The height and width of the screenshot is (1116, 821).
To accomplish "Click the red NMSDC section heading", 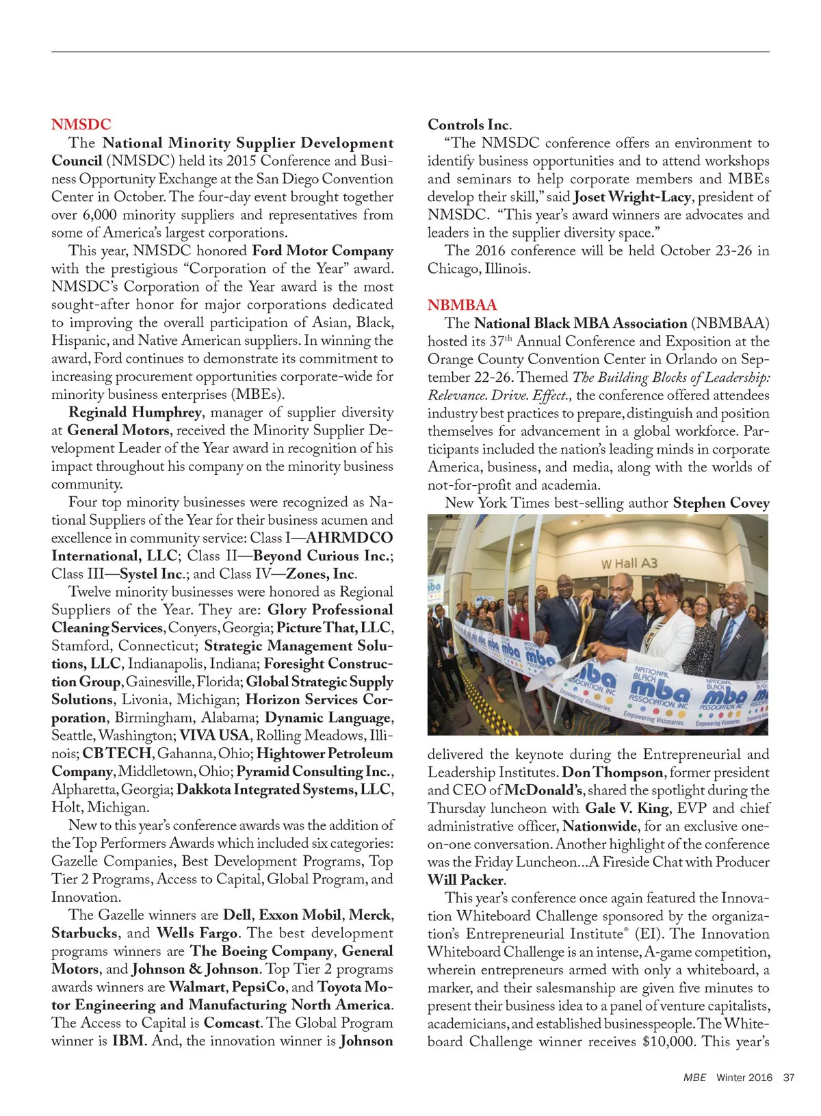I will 81,125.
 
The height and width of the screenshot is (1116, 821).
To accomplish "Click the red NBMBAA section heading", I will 462,305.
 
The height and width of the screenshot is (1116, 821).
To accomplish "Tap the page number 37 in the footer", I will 789,1077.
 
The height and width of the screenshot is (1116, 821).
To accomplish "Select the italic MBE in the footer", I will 694,1077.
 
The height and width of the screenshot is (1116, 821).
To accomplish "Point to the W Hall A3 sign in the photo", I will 629,563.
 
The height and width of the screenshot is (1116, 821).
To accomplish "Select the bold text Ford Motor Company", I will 322,251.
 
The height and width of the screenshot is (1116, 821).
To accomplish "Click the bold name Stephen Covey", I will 721,503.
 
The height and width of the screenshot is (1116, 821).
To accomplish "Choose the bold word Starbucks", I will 85,933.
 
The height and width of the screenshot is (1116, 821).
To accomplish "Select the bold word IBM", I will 128,1041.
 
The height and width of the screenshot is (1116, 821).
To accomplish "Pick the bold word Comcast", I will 233,1023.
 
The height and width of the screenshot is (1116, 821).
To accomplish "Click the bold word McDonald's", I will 544,790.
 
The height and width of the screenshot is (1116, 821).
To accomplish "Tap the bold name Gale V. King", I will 627,808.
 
